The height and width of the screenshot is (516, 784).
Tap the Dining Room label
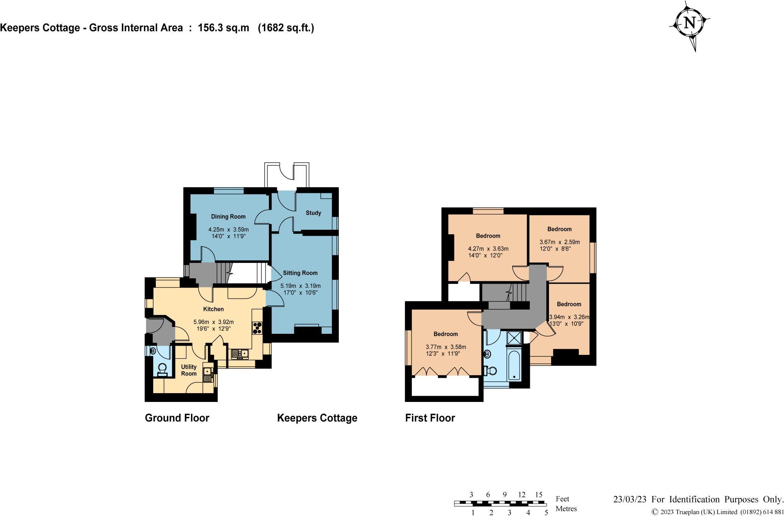228,217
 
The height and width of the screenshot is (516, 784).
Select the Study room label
313,213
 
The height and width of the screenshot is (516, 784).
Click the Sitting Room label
300,273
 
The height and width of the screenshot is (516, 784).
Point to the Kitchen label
213,309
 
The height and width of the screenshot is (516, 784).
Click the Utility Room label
189,370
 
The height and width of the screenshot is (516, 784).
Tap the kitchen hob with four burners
257,329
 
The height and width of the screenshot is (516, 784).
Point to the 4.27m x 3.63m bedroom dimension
488,249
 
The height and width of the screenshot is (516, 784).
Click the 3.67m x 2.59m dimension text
559,242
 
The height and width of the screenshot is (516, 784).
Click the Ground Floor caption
177,418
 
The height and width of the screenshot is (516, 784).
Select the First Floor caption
430,418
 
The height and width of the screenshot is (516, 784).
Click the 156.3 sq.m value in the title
223,28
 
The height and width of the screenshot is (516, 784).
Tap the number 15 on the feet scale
539,495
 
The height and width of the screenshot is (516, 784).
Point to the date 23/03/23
630,499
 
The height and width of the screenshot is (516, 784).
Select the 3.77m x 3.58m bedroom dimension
446,347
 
